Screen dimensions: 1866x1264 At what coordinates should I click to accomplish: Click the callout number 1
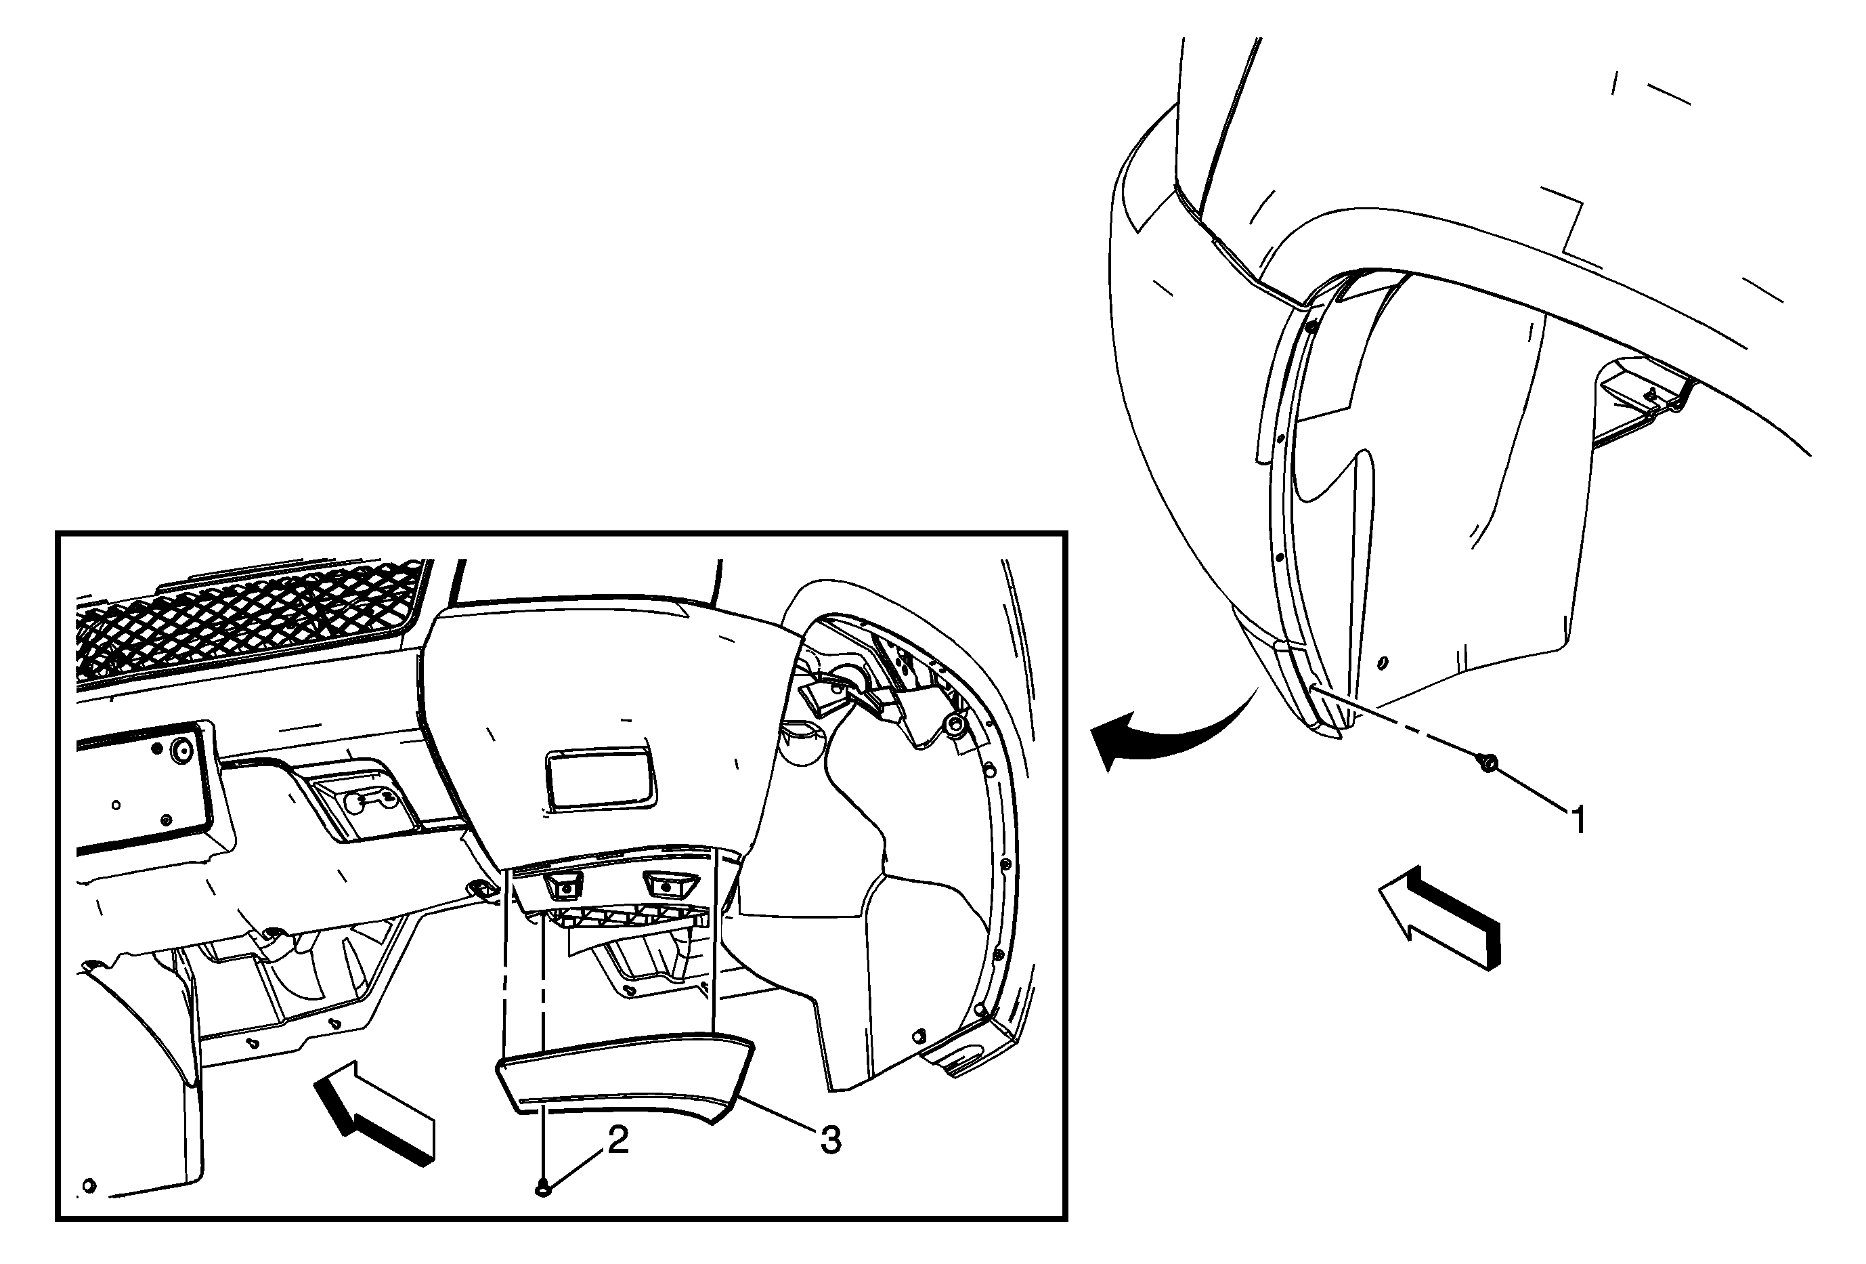click(1578, 821)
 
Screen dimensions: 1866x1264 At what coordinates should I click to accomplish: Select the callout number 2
click(617, 1139)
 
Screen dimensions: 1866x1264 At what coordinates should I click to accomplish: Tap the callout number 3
click(830, 1139)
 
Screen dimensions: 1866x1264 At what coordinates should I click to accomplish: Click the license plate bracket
click(144, 783)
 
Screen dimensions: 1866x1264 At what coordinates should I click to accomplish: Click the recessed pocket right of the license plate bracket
click(366, 799)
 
